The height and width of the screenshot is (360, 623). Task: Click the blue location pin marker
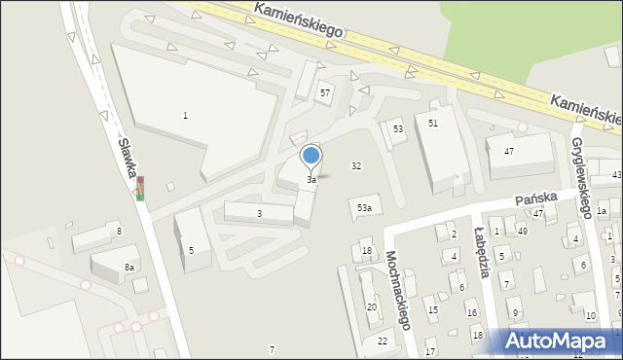pos(311,156)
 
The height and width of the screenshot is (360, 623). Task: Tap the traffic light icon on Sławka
pos(141,187)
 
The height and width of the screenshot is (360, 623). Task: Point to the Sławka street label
pos(127,158)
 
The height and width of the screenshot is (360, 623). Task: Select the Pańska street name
pos(535,197)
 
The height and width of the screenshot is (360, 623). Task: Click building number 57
pos(325,92)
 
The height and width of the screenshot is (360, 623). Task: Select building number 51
pos(433,123)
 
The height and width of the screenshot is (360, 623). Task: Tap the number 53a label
pos(363,208)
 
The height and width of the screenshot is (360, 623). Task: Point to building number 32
pos(356,166)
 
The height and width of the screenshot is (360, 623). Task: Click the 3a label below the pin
pos(311,180)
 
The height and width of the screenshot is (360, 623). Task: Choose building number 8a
pos(128,267)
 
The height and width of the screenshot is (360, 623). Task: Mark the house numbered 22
pos(383,341)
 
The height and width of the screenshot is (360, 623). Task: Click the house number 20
pos(371,307)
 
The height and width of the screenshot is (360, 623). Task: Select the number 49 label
pos(523,231)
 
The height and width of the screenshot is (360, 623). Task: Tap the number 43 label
pos(616,174)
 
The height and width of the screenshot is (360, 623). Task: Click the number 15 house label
pos(433,310)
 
